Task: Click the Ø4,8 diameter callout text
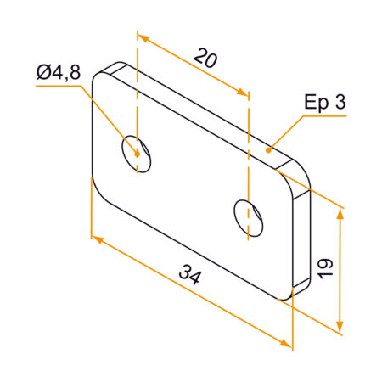click(x=59, y=74)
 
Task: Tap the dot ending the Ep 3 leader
click(x=270, y=149)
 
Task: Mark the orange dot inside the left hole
click(x=135, y=154)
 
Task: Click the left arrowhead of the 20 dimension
click(x=143, y=39)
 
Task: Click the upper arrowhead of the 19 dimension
click(x=341, y=213)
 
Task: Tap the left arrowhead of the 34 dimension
click(x=96, y=240)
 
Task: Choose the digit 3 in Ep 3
click(x=341, y=103)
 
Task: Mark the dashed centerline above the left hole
click(x=136, y=93)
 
